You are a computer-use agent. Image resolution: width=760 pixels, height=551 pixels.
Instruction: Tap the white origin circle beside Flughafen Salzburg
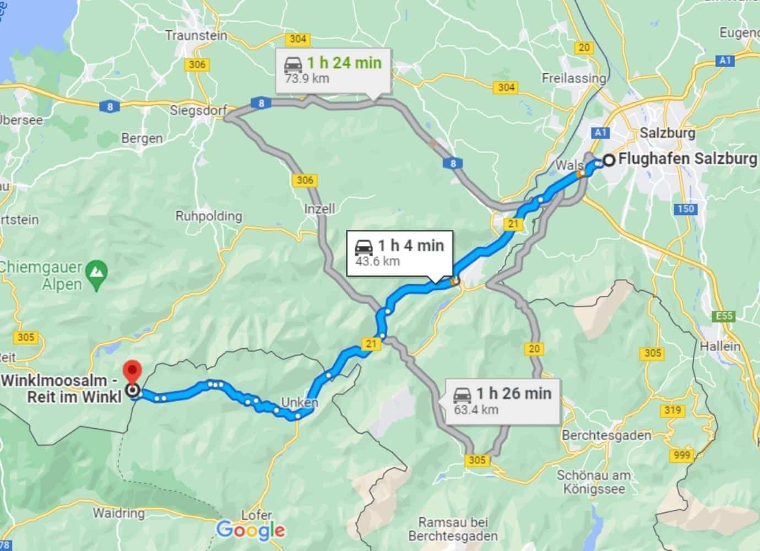click(609, 160)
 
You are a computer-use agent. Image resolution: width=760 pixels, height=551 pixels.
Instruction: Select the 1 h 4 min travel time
click(410, 245)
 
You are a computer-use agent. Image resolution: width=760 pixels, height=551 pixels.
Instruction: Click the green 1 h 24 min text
click(344, 62)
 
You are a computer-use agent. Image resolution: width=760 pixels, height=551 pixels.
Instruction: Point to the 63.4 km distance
click(476, 409)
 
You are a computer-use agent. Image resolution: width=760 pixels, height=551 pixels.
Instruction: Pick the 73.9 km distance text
click(307, 78)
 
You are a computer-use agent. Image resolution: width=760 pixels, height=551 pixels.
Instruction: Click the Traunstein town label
click(196, 35)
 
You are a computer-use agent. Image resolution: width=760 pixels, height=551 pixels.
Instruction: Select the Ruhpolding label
click(209, 215)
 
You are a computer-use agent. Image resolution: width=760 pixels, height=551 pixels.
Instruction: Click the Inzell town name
click(319, 209)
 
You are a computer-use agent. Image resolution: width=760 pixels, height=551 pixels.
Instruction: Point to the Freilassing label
click(573, 78)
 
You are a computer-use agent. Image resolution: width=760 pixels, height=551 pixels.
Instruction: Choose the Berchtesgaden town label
click(606, 435)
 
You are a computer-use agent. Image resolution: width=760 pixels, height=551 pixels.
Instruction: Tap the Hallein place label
click(720, 347)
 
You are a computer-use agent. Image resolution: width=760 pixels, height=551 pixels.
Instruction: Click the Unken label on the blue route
click(300, 402)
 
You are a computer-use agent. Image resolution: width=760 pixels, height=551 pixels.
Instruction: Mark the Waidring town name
click(118, 513)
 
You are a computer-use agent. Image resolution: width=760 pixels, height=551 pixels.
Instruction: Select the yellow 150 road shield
click(686, 209)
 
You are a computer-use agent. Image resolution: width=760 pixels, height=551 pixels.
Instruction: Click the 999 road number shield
click(682, 455)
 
